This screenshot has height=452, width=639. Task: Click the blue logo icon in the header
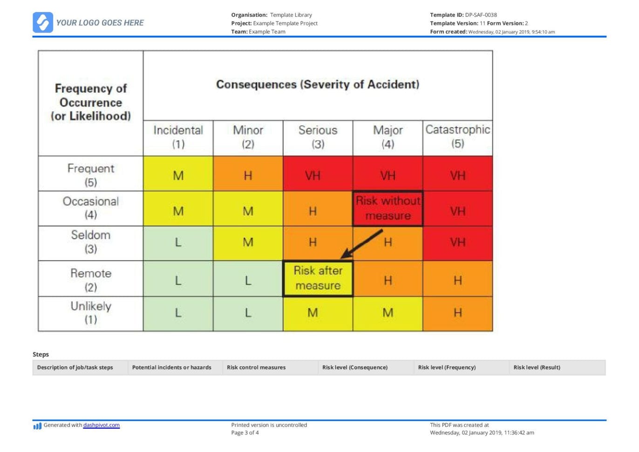43,22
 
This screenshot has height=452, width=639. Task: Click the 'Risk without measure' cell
387,208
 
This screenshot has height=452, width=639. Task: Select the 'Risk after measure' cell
318,278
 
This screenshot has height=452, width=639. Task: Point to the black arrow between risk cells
362,244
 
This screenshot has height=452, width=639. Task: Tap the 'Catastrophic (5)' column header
457,137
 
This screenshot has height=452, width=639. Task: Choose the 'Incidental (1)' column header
178,137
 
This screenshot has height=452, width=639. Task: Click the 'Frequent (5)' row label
91,175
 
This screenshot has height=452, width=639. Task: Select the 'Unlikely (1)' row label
91,313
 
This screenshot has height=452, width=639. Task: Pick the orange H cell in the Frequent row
248,176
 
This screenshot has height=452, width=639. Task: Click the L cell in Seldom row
178,243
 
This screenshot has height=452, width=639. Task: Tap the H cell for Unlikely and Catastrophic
457,313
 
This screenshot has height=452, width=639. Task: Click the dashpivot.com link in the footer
101,425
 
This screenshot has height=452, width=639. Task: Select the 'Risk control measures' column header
256,367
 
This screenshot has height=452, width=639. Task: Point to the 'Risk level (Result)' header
537,367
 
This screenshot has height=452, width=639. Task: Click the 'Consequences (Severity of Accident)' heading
318,84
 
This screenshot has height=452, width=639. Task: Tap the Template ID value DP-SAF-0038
481,15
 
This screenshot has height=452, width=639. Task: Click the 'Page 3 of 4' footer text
245,432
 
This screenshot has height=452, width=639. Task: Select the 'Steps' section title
41,354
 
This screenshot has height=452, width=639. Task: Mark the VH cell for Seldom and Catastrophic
457,243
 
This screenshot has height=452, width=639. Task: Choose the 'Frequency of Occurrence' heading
91,102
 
